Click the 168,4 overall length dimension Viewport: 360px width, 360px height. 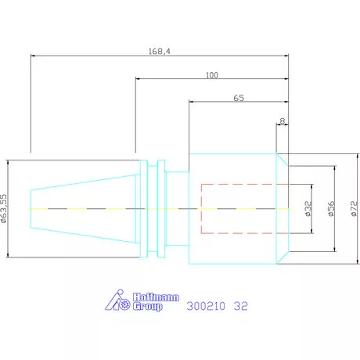(x=159, y=52)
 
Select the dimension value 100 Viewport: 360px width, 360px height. (x=212, y=75)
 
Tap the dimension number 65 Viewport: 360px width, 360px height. (x=239, y=98)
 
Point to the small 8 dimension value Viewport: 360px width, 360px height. (x=283, y=121)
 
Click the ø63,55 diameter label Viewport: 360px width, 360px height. (x=4, y=208)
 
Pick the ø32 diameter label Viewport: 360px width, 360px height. (x=308, y=208)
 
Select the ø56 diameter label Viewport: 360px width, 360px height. (x=331, y=208)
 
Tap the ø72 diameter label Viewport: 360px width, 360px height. (x=354, y=208)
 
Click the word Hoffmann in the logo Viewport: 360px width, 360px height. (x=156, y=297)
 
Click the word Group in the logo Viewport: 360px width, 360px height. (x=148, y=306)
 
